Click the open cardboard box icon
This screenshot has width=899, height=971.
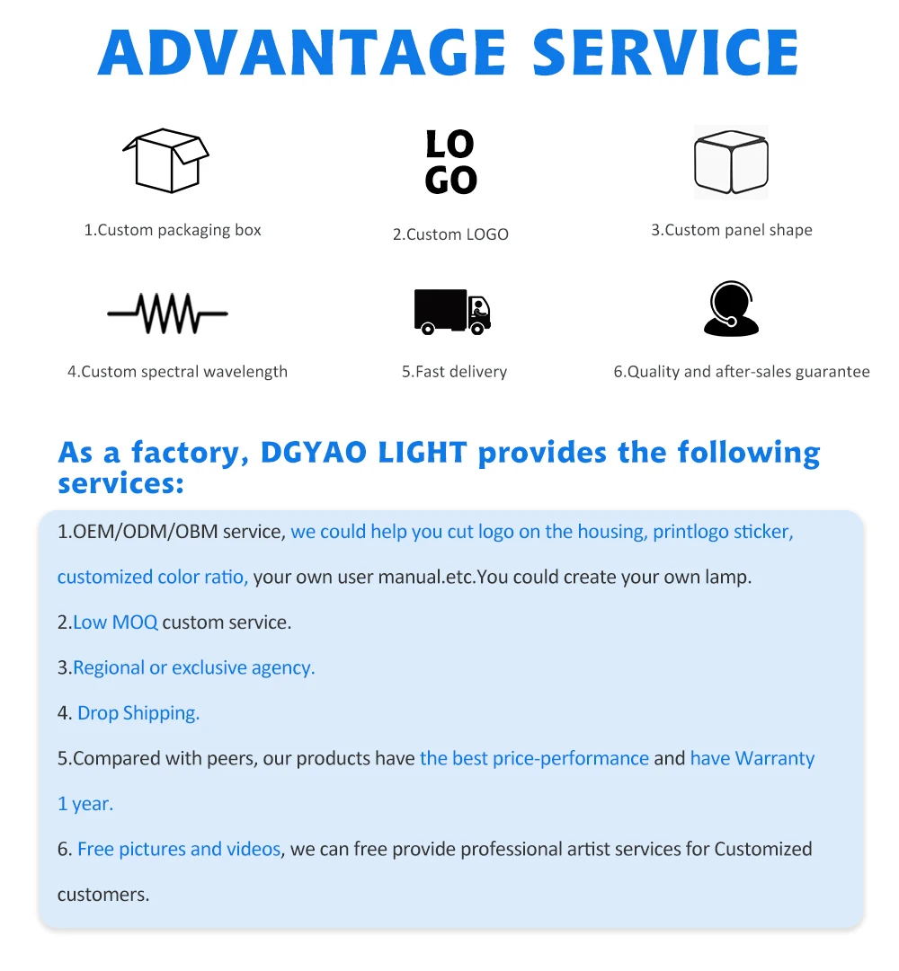pos(165,161)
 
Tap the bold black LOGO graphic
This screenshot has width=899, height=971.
pos(450,162)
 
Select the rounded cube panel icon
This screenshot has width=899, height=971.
pos(731,163)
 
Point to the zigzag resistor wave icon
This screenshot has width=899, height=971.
pos(167,313)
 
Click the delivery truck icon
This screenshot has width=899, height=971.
pos(452,311)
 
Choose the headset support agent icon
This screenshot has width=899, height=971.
pos(731,309)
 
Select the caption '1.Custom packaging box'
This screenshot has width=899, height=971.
pos(173,230)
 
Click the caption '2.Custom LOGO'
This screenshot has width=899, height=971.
pos(450,234)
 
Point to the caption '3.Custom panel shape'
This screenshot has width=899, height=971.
pos(732,230)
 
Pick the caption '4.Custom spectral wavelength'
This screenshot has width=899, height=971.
pos(177,372)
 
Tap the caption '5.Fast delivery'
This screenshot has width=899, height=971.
pos(454,372)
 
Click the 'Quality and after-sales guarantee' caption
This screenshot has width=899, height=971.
pos(742,372)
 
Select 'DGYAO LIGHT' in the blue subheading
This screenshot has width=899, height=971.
pos(363,452)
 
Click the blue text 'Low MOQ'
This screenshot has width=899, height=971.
pos(115,622)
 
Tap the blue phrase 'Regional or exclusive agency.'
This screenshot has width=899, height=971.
pos(194,667)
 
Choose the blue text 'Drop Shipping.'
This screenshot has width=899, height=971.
pos(138,713)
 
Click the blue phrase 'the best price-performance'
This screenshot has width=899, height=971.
pos(534,758)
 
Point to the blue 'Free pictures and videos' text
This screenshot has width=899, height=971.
pos(179,849)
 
